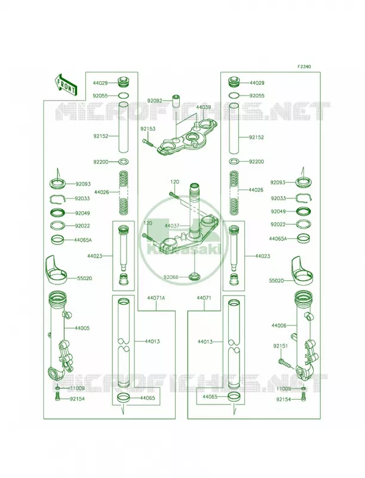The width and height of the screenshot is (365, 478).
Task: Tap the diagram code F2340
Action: [x=304, y=66]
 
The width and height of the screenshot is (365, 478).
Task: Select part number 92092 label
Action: [x=155, y=100]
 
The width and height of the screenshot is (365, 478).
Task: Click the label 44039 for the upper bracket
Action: [x=204, y=107]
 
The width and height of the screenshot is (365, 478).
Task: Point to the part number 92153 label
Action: [x=148, y=129]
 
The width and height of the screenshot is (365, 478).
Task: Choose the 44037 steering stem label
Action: [x=172, y=226]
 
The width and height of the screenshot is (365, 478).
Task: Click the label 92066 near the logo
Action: [x=171, y=277]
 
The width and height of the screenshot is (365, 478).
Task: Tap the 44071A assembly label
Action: [x=156, y=298]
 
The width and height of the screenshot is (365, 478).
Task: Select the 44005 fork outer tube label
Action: [x=82, y=328]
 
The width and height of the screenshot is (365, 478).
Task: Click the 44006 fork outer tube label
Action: [x=279, y=326]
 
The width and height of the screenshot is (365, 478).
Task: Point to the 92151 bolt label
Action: [x=281, y=347]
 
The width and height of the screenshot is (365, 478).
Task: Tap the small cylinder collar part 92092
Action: [x=175, y=101]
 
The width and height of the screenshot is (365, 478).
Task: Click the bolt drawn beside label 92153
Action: [x=148, y=143]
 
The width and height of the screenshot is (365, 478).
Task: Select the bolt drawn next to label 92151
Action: [x=284, y=363]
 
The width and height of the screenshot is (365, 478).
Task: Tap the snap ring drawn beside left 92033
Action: [x=58, y=199]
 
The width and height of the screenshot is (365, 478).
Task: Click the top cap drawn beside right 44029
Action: [x=235, y=82]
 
